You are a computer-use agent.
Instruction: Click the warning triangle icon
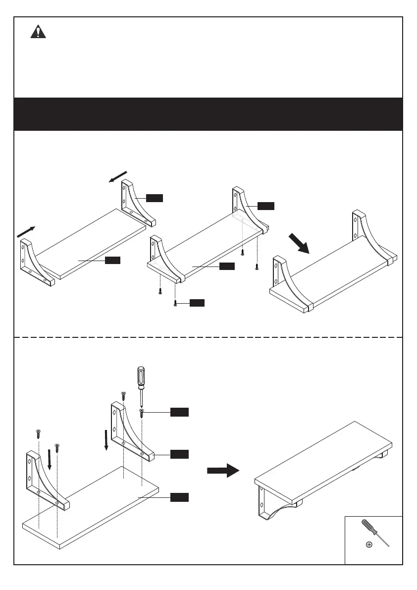pos(38,32)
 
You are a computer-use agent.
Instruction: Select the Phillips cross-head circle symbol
pos(369,545)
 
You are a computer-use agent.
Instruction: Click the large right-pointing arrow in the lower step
pos(223,470)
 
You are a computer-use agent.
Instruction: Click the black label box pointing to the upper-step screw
pos(197,303)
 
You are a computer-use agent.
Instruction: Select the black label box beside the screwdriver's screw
pos(179,412)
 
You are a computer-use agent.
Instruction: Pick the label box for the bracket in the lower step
pos(179,454)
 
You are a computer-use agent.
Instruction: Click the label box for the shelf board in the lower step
pos(179,497)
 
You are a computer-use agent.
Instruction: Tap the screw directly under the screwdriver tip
pos(142,413)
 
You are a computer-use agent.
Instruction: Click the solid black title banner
pos(208,114)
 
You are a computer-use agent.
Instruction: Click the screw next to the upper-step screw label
pos(176,303)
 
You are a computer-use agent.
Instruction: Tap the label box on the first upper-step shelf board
pos(112,261)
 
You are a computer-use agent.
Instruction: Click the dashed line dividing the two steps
pos(208,337)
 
